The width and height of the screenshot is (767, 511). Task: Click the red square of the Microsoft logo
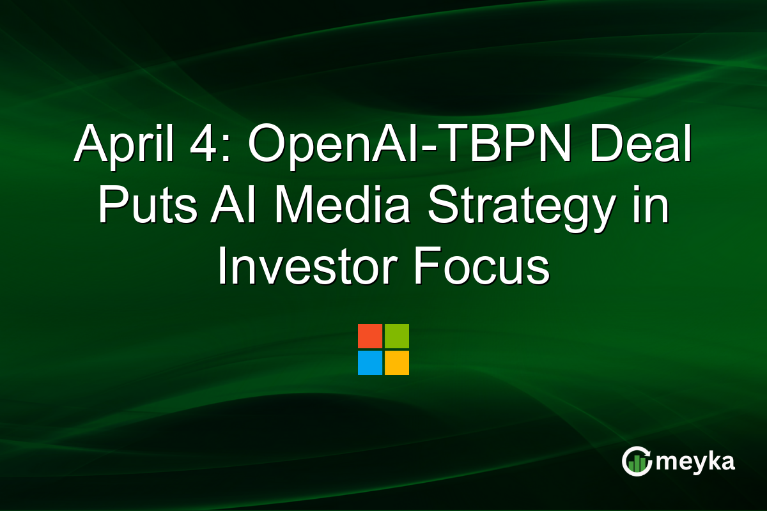[x=370, y=336]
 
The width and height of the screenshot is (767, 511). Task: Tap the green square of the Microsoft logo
[x=397, y=336]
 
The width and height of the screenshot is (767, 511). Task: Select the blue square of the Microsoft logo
[x=370, y=363]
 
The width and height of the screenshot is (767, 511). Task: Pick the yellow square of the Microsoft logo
[x=397, y=363]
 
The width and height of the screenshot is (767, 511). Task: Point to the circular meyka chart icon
[x=637, y=461]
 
